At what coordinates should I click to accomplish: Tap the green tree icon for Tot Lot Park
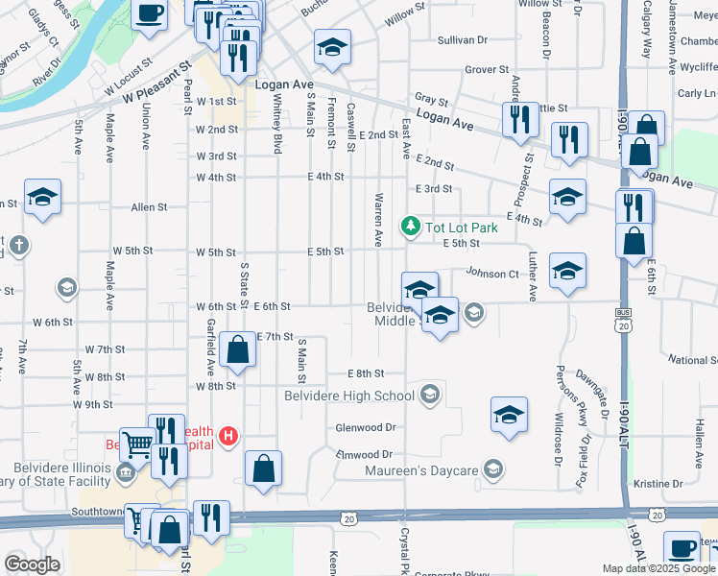point(411,226)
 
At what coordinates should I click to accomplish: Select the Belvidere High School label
point(349,396)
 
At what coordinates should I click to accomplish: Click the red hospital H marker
point(228,437)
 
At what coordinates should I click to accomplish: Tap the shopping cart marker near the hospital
point(137,444)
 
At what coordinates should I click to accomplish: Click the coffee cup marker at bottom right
point(682,548)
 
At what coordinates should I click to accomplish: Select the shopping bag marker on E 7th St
point(237,350)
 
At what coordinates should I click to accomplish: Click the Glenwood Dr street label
point(366,427)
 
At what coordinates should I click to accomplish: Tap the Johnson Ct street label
point(492,274)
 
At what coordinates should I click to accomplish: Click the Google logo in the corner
point(32,564)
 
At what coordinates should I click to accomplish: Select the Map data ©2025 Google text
point(658,568)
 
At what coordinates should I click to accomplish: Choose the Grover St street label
point(486,70)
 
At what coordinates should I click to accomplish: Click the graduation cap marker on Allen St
point(42,197)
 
